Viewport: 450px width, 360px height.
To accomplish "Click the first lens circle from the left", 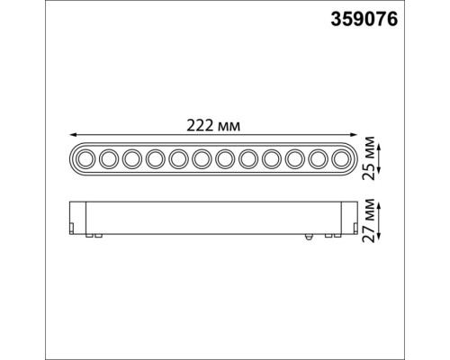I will [84, 159].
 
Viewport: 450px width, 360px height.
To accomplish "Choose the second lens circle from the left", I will [107, 159].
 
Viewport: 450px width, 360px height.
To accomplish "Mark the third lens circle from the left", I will [130, 159].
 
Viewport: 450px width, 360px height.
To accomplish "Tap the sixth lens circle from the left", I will [201, 159].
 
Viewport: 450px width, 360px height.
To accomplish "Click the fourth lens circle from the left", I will [154, 159].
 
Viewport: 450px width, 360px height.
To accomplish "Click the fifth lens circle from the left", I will [177, 159].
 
